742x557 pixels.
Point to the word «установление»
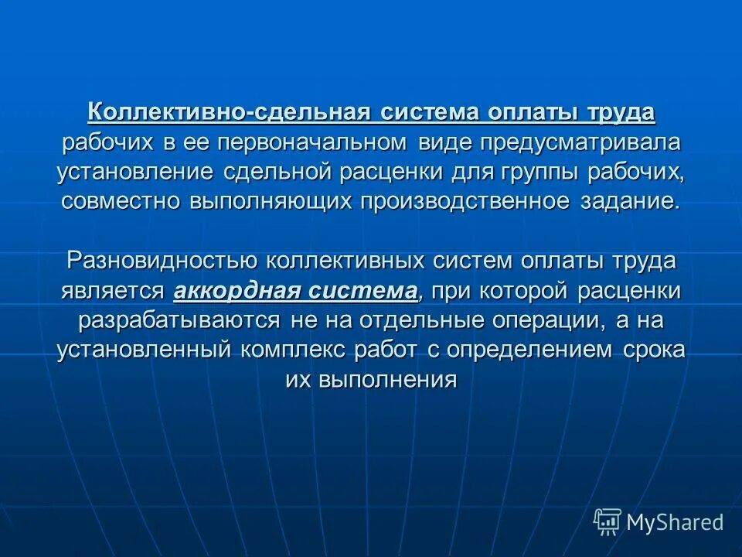tap(134, 172)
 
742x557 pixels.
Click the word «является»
tap(114, 291)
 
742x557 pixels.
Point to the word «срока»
tap(654, 350)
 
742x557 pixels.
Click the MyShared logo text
tap(674, 523)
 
